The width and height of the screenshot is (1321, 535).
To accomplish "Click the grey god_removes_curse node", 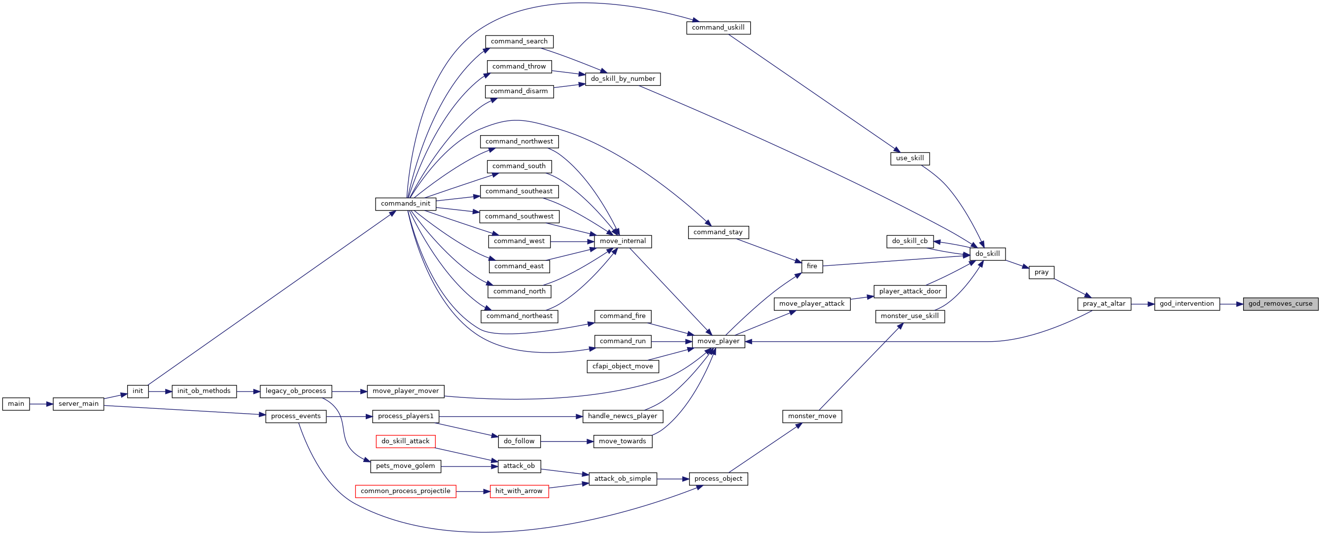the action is pos(1280,304).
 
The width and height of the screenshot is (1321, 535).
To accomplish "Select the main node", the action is pos(16,404).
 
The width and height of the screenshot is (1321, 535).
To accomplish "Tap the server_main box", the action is pos(78,404).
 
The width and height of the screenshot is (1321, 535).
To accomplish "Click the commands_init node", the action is pos(406,204).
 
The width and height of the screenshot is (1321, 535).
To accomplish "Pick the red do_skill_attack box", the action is pos(406,441).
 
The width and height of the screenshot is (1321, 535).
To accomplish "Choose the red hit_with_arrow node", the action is pos(519,491).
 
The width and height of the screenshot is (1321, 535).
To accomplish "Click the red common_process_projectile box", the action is pos(406,491).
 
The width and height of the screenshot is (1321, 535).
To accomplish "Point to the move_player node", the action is pos(719,341).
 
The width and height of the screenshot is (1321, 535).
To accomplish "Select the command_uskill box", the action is pos(719,28).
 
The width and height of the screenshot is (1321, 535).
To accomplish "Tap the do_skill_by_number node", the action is pos(623,79).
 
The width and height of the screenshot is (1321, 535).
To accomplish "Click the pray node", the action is pos(1042,272).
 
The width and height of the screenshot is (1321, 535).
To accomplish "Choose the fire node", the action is pos(812,266).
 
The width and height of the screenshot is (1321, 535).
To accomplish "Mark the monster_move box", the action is pos(812,416).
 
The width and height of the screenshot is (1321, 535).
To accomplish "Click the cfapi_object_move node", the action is pos(623,366).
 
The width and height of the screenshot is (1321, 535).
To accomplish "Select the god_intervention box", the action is pos(1186,304).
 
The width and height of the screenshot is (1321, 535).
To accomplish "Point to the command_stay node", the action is pos(719,232).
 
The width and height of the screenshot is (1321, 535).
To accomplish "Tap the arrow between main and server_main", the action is pos(41,404).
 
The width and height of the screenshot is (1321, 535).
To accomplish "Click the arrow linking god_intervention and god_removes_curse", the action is pos(1231,304).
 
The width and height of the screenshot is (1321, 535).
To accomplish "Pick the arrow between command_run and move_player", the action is pos(672,341).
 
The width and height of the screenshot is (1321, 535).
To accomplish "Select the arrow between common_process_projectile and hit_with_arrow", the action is pos(473,492).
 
